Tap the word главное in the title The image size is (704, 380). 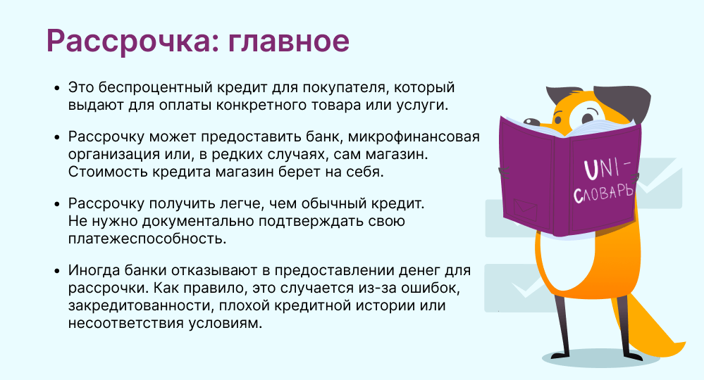[x=289, y=42]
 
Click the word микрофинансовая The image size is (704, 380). [x=414, y=137]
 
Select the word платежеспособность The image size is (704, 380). [x=147, y=239]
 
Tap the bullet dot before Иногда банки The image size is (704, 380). [x=56, y=271]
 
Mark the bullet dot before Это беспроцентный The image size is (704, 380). [x=56, y=88]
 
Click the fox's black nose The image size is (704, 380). [x=531, y=121]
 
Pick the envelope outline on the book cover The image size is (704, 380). [x=525, y=209]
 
